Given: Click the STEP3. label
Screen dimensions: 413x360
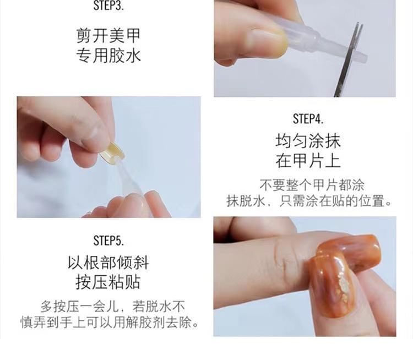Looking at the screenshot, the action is pyautogui.click(x=108, y=6).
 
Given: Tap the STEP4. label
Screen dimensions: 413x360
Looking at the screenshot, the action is pyautogui.click(x=308, y=119).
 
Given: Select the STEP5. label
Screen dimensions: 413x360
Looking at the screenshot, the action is pyautogui.click(x=108, y=241).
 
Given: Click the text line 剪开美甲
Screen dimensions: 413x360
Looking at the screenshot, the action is pyautogui.click(x=108, y=36).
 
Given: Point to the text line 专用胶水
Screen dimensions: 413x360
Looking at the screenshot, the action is pyautogui.click(x=108, y=55).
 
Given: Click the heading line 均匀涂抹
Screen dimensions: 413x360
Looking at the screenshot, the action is pyautogui.click(x=308, y=140).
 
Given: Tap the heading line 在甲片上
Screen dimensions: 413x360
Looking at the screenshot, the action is pyautogui.click(x=308, y=160).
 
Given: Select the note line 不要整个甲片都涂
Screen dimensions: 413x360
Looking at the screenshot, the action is pyautogui.click(x=312, y=185).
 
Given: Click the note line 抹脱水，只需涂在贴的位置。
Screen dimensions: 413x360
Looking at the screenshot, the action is pyautogui.click(x=309, y=201).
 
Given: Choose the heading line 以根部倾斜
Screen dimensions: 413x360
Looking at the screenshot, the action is pyautogui.click(x=108, y=263).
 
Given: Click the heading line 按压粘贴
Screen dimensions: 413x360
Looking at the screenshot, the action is pyautogui.click(x=108, y=282).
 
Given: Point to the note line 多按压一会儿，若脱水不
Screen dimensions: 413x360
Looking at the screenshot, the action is pyautogui.click(x=112, y=306).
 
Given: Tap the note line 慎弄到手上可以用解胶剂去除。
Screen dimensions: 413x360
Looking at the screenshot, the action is pyautogui.click(x=110, y=322).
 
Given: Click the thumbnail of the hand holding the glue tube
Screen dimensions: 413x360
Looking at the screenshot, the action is pyautogui.click(x=267, y=43).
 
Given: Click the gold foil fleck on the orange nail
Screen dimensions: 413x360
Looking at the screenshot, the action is pyautogui.click(x=343, y=286).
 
